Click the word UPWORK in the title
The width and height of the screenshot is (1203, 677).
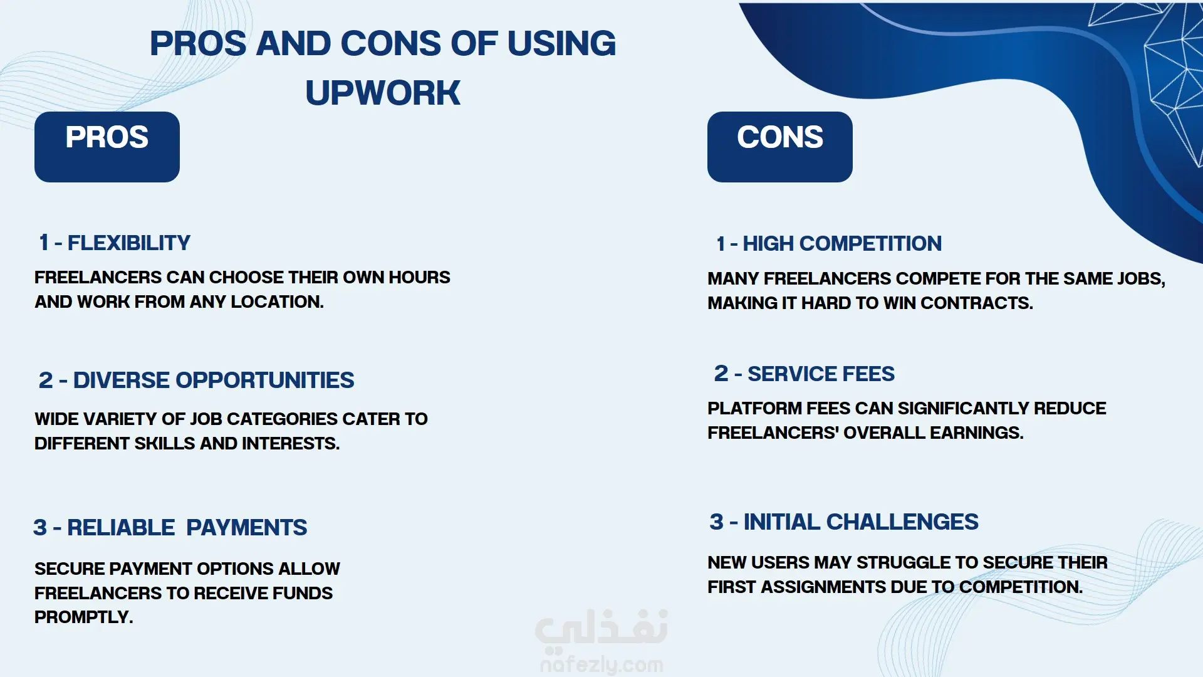pyautogui.click(x=383, y=93)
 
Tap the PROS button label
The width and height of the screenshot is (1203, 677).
pyautogui.click(x=107, y=137)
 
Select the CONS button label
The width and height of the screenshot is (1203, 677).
pyautogui.click(x=780, y=137)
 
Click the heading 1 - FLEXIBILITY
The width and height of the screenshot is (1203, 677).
pyautogui.click(x=115, y=243)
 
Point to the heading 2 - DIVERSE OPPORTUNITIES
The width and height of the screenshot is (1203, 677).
pyautogui.click(x=196, y=380)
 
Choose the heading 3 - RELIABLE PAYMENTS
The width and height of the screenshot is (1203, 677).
pyautogui.click(x=170, y=527)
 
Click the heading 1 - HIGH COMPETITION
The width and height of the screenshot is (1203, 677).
pyautogui.click(x=829, y=243)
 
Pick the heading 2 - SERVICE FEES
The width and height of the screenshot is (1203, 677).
pyautogui.click(x=805, y=374)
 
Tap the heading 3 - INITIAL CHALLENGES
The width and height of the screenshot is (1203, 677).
pyautogui.click(x=844, y=522)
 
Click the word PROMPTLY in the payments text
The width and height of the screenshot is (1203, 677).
pyautogui.click(x=83, y=617)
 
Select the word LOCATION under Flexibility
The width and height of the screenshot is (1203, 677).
pyautogui.click(x=277, y=302)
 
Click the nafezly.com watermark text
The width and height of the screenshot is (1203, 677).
pyautogui.click(x=601, y=664)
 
